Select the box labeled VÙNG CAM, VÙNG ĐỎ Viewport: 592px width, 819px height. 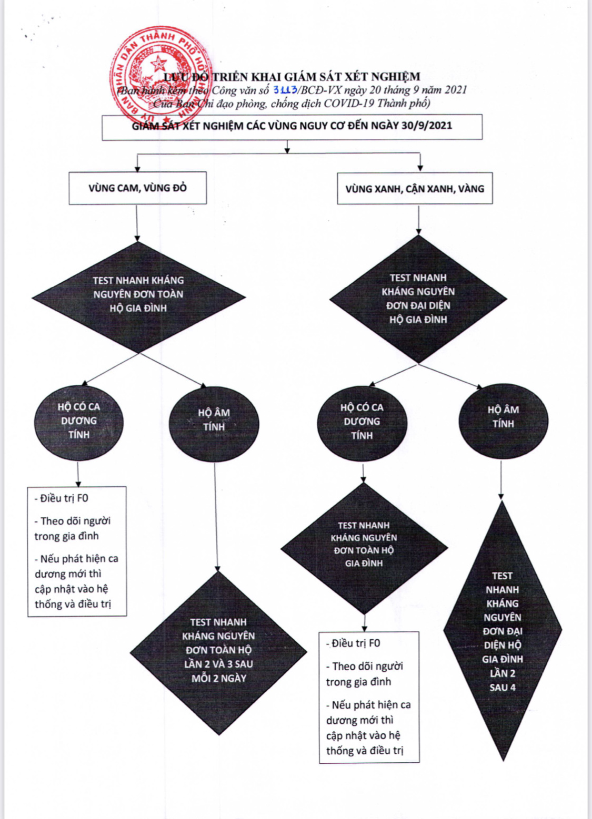click(x=137, y=188)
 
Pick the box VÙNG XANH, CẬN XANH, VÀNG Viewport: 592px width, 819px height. click(x=415, y=188)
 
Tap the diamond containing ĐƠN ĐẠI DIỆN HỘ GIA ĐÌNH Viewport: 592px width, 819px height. click(x=418, y=299)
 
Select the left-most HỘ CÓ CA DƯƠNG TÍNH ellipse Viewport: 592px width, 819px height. click(x=79, y=421)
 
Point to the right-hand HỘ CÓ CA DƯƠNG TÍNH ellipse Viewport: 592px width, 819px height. click(x=362, y=422)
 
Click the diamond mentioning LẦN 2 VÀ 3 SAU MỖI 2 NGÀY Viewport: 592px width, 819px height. click(x=218, y=652)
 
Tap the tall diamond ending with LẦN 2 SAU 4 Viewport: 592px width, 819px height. click(x=503, y=631)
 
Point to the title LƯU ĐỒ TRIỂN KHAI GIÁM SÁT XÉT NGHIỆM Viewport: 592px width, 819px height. click(x=292, y=77)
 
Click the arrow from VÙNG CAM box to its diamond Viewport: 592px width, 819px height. click(x=137, y=223)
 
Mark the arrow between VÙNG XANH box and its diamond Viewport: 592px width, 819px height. click(x=418, y=220)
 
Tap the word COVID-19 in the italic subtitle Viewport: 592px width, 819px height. click(x=349, y=103)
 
